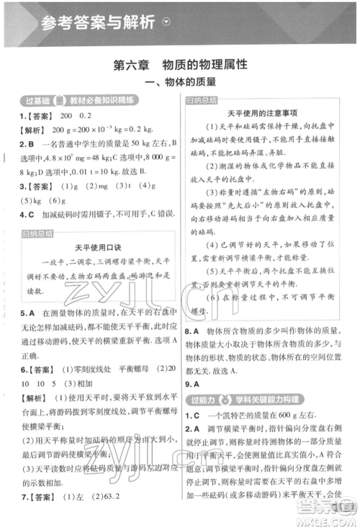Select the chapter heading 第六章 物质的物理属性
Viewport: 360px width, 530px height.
pos(180,65)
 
